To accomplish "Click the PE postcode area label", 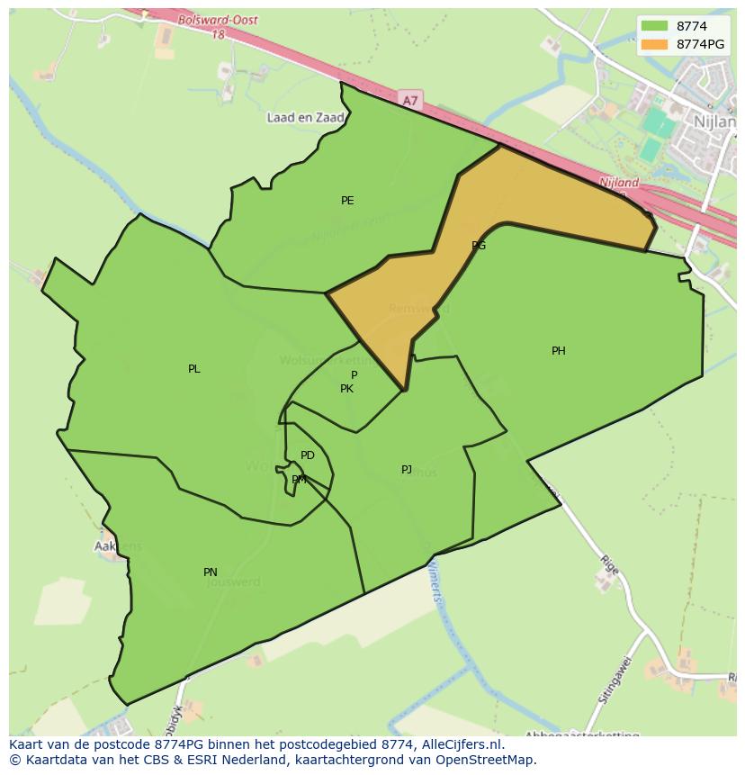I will click(x=347, y=201).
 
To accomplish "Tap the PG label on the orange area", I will click(x=479, y=245).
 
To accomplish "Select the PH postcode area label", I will click(x=559, y=351).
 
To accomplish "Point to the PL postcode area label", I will click(x=194, y=369).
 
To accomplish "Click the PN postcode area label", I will click(x=211, y=572).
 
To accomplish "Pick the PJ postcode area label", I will click(x=407, y=470).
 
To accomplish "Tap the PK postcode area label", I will click(x=346, y=389).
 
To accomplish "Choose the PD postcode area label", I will click(x=308, y=455).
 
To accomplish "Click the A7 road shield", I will click(x=410, y=101).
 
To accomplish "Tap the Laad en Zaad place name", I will click(x=306, y=118).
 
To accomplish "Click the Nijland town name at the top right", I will click(x=715, y=119).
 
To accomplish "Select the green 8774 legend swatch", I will click(x=655, y=26).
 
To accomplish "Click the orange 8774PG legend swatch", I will click(x=655, y=44).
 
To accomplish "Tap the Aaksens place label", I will click(x=118, y=546).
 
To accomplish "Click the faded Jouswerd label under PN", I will click(x=233, y=582).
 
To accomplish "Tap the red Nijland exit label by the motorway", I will click(x=619, y=183).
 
